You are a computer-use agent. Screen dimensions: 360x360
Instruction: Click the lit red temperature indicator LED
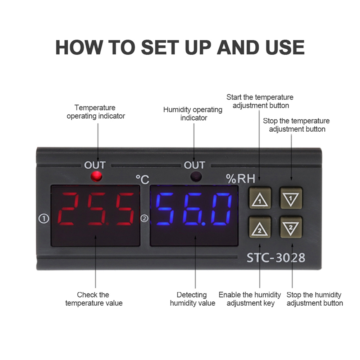pyautogui.click(x=96, y=176)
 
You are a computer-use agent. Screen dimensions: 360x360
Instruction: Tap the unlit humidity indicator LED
pyautogui.click(x=196, y=176)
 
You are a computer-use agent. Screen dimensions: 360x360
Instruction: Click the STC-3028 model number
pyautogui.click(x=275, y=258)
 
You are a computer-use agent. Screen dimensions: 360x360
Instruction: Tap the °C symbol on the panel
pyautogui.click(x=142, y=179)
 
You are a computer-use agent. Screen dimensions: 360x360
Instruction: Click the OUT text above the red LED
pyautogui.click(x=95, y=165)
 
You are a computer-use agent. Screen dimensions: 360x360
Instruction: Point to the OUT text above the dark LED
pyautogui.click(x=195, y=165)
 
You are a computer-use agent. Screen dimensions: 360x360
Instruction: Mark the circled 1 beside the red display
pyautogui.click(x=44, y=218)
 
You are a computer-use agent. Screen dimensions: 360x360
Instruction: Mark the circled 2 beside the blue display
pyautogui.click(x=144, y=218)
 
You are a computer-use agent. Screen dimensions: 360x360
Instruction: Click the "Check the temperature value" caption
pyautogui.click(x=94, y=299)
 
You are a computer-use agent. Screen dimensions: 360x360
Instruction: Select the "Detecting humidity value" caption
pyautogui.click(x=192, y=299)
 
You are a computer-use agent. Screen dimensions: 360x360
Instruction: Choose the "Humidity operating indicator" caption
pyautogui.click(x=193, y=114)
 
